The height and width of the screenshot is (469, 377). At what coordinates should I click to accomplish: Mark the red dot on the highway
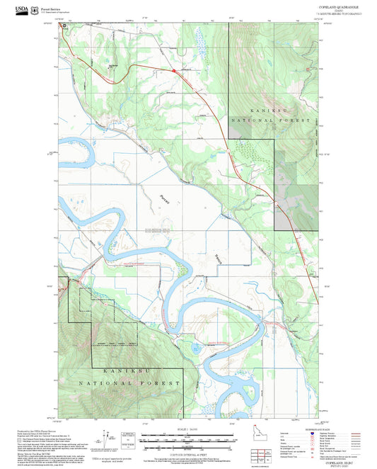(173, 69)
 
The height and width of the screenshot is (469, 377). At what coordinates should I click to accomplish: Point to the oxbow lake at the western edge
(76, 150)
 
